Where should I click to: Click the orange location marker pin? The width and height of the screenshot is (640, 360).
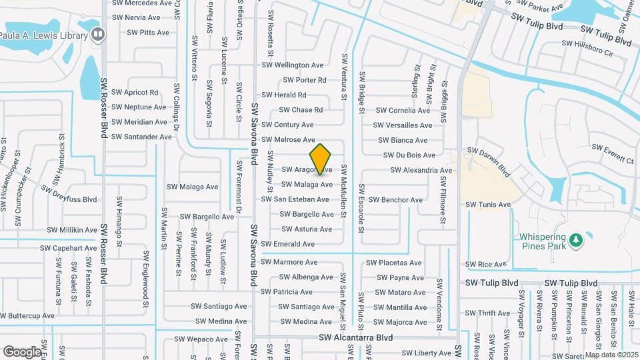tap(321, 159)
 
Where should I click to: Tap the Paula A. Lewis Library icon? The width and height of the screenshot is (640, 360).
tap(99, 34)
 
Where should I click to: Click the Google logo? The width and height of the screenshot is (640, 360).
tap(22, 351)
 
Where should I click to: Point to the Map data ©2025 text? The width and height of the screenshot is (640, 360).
tap(611, 355)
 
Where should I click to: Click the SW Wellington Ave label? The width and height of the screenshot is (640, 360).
tap(292, 65)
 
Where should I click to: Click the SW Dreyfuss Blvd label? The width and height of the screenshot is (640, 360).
tap(69, 195)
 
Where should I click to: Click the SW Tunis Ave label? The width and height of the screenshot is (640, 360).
tap(488, 205)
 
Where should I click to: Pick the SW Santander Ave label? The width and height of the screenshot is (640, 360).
tap(141, 137)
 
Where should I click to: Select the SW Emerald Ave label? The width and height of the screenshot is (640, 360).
tap(288, 245)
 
